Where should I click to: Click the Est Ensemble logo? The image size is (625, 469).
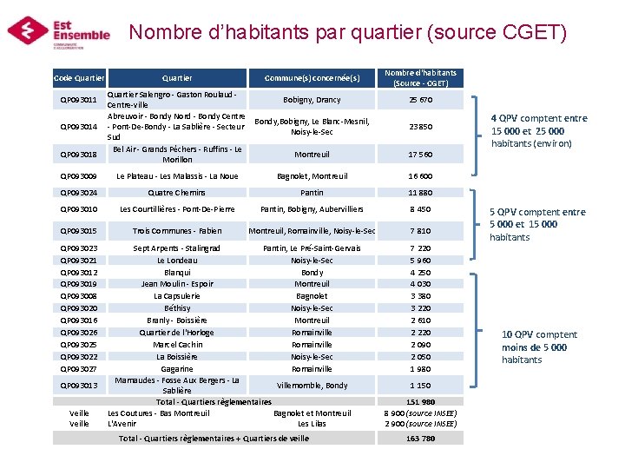[x=59, y=31]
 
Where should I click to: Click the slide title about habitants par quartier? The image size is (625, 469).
[x=347, y=32]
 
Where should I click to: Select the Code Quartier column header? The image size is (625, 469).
[x=79, y=78]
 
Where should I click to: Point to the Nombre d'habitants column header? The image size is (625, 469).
[x=420, y=78]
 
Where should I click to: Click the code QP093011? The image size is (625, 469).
[x=78, y=100]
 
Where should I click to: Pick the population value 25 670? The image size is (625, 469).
[x=420, y=100]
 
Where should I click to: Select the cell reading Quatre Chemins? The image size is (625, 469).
[x=177, y=193]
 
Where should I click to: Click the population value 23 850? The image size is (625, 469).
[x=420, y=127]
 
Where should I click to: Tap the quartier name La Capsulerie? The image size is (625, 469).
[x=177, y=296]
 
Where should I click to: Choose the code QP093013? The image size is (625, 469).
[x=78, y=385]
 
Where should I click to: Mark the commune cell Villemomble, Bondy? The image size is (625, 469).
[x=312, y=385]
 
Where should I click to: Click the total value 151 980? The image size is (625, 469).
[x=420, y=401]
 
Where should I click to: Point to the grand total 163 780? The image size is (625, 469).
[x=420, y=439]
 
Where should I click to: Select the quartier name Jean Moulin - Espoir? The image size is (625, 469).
[x=177, y=284]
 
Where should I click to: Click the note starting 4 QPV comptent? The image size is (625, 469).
[x=538, y=130]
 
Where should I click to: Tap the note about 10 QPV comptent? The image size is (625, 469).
[x=538, y=347]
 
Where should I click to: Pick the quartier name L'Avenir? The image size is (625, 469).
[x=122, y=424]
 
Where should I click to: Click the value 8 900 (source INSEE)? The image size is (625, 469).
[x=420, y=413]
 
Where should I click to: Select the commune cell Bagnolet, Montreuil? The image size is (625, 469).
[x=312, y=176]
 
